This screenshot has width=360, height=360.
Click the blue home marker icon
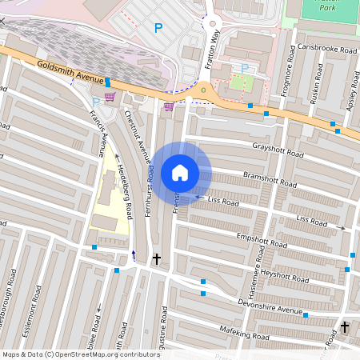[x=180, y=173]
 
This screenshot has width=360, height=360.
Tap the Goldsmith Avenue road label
[x=70, y=71]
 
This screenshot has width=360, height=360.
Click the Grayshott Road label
[x=278, y=151]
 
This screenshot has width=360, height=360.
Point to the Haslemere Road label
[x=259, y=268]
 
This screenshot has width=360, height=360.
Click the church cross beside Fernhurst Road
[x=156, y=259]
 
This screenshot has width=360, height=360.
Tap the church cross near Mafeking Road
[x=345, y=327]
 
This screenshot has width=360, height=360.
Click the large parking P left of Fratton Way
[x=158, y=28]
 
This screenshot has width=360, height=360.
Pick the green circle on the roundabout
[x=203, y=90]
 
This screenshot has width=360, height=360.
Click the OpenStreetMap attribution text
[x=80, y=354]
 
